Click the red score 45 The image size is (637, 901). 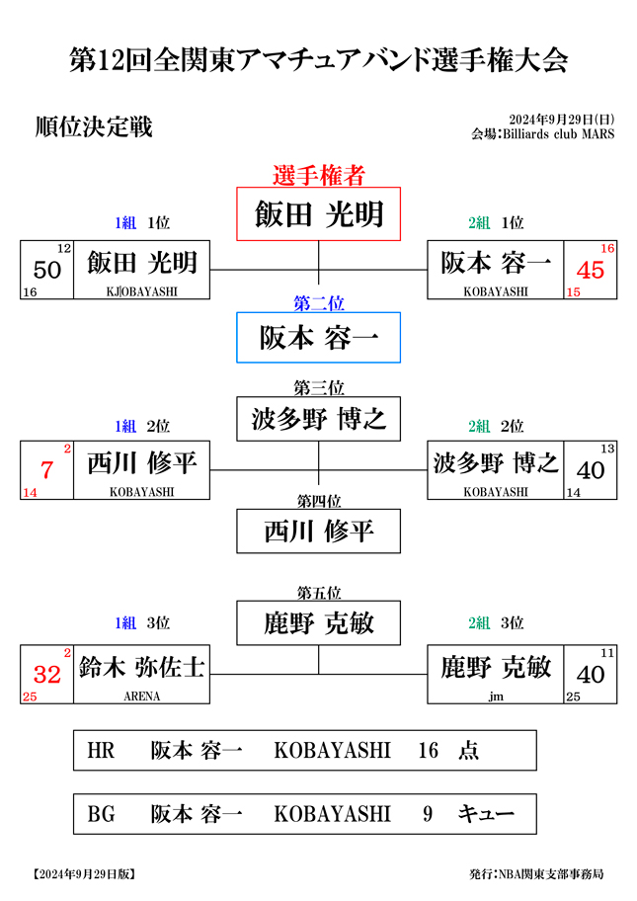[590, 270]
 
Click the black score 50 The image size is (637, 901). [47, 270]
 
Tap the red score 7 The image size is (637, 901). [47, 470]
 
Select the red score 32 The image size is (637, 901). [47, 674]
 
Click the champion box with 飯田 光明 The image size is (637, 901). [318, 213]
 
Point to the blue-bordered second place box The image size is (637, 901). [318, 337]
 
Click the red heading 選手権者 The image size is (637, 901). [319, 175]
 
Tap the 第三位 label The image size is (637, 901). [319, 388]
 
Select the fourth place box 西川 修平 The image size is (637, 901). [318, 531]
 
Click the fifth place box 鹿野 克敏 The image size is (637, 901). [318, 622]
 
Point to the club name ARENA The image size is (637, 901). [142, 696]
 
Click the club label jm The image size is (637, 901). [496, 696]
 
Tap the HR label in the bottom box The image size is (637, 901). [101, 750]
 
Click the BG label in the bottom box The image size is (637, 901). [101, 814]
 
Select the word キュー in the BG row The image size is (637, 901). [485, 814]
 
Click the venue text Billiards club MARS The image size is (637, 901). [558, 134]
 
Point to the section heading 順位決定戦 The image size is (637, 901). [94, 127]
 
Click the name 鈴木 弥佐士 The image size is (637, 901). [142, 667]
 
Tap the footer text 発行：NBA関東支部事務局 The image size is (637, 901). [536, 874]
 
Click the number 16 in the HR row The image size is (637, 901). [428, 750]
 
